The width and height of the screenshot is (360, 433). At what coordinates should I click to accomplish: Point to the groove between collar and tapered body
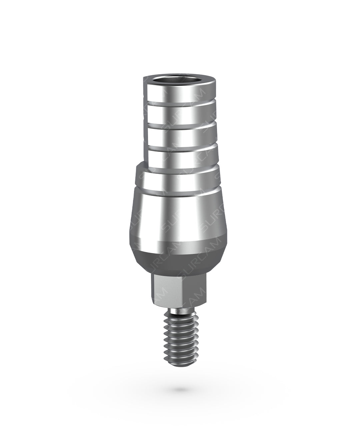click(178, 193)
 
